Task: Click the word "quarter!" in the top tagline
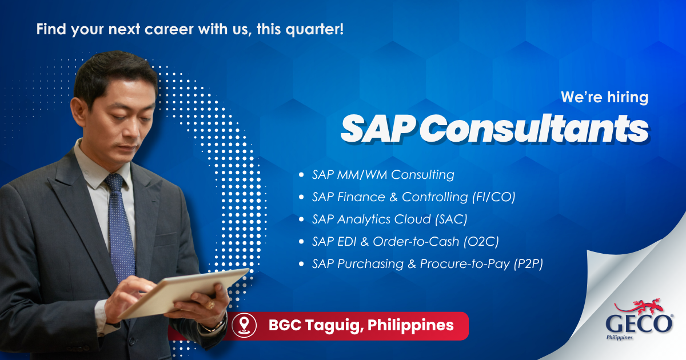[315, 30]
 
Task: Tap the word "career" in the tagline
[169, 29]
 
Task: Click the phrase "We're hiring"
[605, 97]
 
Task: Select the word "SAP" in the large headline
[378, 129]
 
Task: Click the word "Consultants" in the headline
[534, 129]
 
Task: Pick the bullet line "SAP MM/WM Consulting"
[383, 175]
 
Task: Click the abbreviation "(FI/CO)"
[493, 197]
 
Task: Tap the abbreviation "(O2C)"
[481, 242]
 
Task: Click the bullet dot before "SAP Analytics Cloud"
[301, 219]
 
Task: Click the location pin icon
[244, 325]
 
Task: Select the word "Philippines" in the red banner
[410, 326]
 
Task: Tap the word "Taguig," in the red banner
[335, 326]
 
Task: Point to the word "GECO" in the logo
[639, 325]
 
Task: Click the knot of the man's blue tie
[114, 182]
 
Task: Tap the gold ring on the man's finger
[210, 304]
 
